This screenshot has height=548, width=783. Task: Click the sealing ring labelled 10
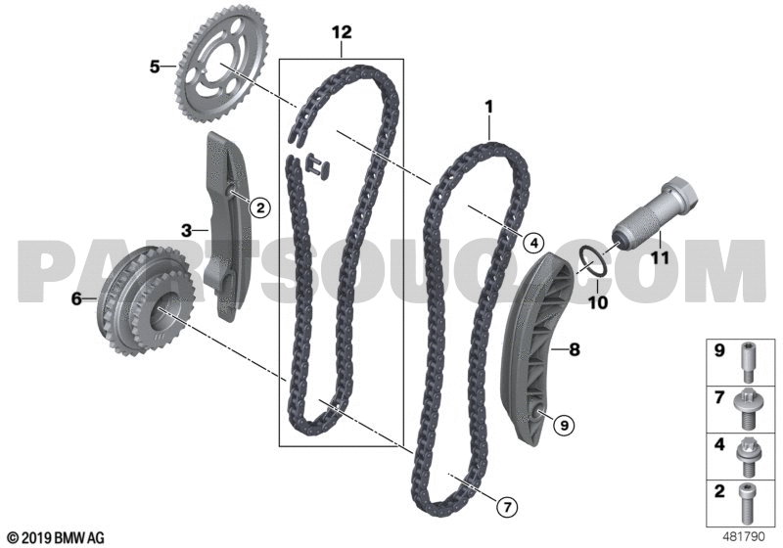point(594,263)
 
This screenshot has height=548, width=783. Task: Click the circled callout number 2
point(259,207)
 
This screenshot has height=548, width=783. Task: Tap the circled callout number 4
point(533,243)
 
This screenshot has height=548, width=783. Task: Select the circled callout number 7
point(507,508)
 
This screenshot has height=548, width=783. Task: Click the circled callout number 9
point(564,426)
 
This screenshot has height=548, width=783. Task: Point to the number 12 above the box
point(342,32)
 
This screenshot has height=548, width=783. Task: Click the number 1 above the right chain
point(488,107)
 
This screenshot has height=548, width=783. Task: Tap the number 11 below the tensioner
point(658,258)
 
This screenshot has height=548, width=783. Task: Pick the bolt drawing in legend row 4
point(748,456)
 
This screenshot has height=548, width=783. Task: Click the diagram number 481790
point(744,537)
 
